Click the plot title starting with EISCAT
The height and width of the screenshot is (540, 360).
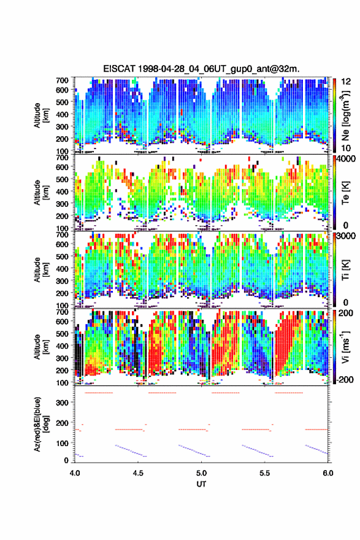pyautogui.click(x=201, y=69)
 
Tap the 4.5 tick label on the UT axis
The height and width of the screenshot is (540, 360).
pyautogui.click(x=138, y=473)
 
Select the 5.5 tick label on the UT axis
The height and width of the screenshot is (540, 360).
pyautogui.click(x=265, y=473)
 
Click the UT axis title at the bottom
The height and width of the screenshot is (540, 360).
pyautogui.click(x=201, y=484)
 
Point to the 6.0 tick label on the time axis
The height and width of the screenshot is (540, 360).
pyautogui.click(x=328, y=473)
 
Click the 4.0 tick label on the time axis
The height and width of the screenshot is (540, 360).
pyautogui.click(x=75, y=473)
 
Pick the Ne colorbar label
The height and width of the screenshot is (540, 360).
pyautogui.click(x=345, y=115)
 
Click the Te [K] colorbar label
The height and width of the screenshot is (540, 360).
pyautogui.click(x=345, y=193)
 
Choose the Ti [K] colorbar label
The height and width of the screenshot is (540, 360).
pyautogui.click(x=345, y=270)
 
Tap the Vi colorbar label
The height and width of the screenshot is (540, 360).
pyautogui.click(x=345, y=347)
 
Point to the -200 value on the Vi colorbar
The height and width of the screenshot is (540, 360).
pyautogui.click(x=344, y=379)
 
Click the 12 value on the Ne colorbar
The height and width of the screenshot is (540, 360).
pyautogui.click(x=347, y=82)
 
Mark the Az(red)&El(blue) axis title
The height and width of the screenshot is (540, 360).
pyautogui.click(x=42, y=425)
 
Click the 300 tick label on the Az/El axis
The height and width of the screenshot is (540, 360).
pyautogui.click(x=63, y=403)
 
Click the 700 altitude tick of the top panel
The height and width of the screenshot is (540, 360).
pyautogui.click(x=63, y=80)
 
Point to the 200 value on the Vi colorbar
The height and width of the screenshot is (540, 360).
pyautogui.click(x=345, y=313)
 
